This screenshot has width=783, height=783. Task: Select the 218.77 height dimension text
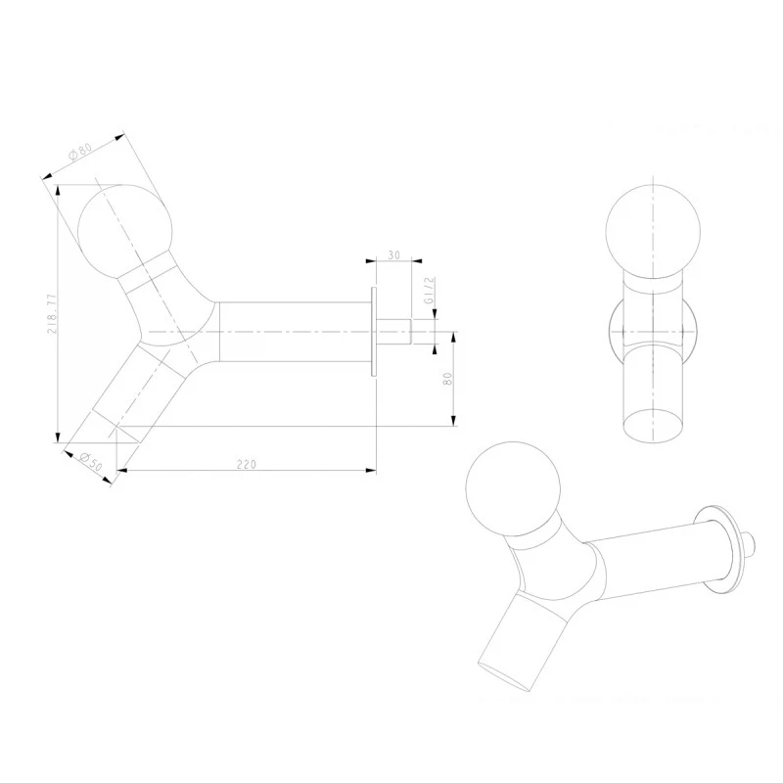[x=52, y=314]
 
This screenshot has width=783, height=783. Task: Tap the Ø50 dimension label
[x=90, y=462]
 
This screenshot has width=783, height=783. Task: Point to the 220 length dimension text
[x=247, y=464]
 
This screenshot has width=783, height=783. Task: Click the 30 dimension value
[x=394, y=255]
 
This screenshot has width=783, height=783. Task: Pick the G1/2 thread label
[x=430, y=291]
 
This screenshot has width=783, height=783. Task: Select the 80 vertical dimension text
[x=447, y=379]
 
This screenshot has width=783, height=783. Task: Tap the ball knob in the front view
[x=653, y=231]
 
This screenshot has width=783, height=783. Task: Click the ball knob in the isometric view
[x=513, y=488]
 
